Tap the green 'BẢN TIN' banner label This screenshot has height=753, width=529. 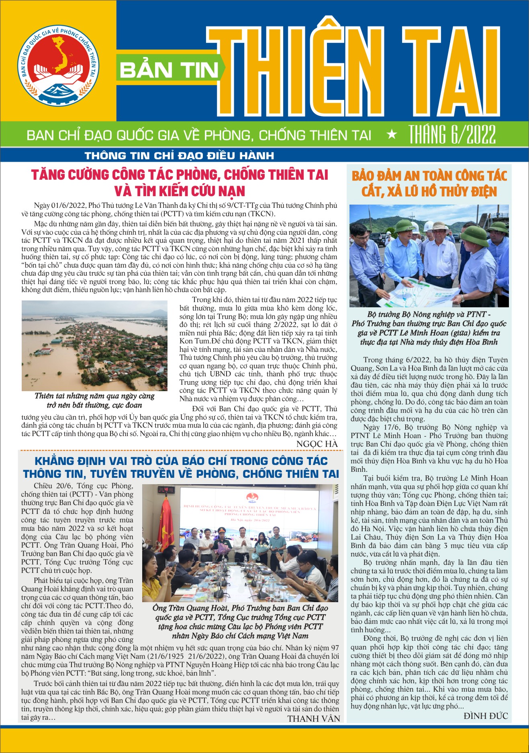(169, 71)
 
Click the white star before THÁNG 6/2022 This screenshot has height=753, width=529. (391, 135)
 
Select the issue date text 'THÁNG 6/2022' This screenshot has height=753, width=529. (452, 135)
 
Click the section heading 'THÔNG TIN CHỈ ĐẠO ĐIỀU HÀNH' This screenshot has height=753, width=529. (179, 156)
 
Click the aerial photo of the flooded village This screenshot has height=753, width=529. (94, 345)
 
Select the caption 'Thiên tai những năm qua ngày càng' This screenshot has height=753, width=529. (94, 396)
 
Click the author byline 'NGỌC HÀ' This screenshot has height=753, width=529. (317, 444)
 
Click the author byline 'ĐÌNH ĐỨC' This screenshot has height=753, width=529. (485, 716)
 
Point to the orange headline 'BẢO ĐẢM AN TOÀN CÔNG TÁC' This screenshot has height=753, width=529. (429, 176)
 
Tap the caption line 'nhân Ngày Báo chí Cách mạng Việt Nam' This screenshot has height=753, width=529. (240, 636)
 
